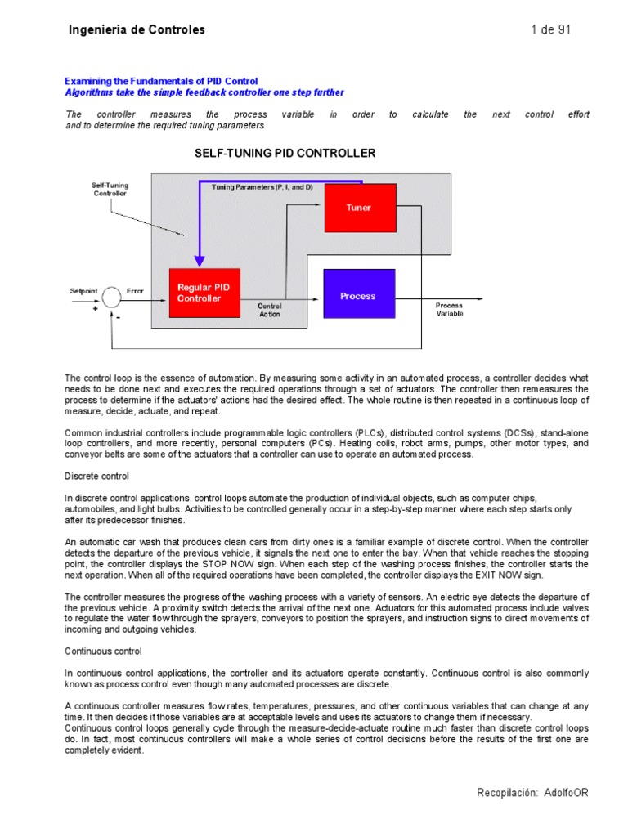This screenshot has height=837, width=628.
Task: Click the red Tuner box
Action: coord(360,208)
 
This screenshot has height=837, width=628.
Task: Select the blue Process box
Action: coord(359,295)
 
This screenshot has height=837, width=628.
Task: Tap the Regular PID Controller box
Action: coord(204,293)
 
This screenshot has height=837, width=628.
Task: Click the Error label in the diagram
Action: coord(135,291)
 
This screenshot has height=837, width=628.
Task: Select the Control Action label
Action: coord(270,310)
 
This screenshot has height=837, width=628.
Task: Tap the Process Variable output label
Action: coord(449,310)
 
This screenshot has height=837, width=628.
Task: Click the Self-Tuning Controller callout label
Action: coord(110,190)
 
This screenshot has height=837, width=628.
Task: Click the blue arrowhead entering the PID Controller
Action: coord(199,259)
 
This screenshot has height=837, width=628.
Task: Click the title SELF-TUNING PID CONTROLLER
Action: coord(285,153)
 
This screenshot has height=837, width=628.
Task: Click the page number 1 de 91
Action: coord(550,30)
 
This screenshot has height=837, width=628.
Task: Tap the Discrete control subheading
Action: coord(96,476)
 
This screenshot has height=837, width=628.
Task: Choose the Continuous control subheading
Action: coord(103,651)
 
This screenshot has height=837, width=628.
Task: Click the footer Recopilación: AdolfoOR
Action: coord(532,793)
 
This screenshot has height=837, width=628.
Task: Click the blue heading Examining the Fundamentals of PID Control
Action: coord(161,82)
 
